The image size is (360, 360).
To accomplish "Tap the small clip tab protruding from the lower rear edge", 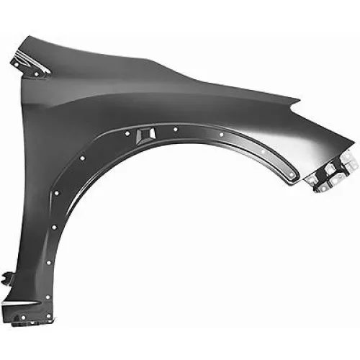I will click(8, 277).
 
